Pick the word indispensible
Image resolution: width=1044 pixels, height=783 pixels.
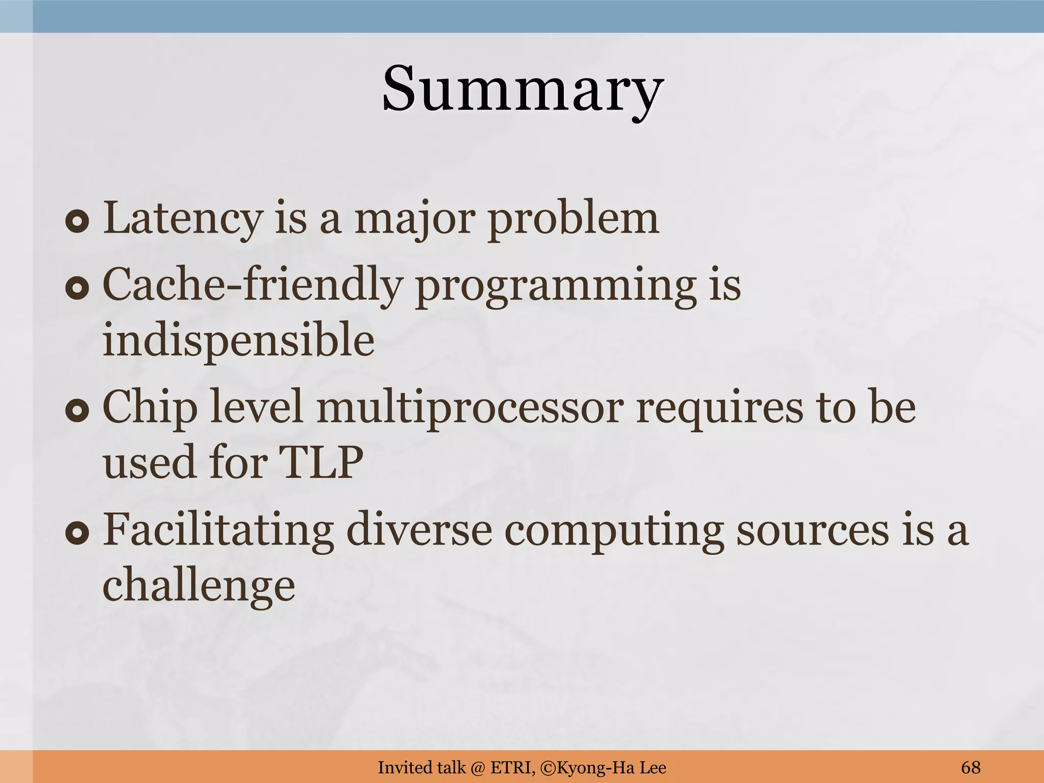pos(239,341)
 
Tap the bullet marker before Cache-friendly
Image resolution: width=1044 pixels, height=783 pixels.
pos(77,289)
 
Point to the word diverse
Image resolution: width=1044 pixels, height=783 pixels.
pos(419,530)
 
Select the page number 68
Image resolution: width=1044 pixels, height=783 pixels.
pos(971,767)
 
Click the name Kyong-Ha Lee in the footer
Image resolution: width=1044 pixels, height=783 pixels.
pos(610,767)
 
